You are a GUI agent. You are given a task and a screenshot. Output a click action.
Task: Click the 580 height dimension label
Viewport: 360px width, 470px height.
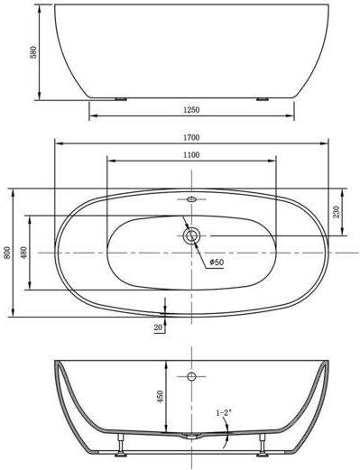[x=33, y=52]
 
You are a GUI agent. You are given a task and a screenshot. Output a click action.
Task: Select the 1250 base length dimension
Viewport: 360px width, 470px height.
[x=191, y=110]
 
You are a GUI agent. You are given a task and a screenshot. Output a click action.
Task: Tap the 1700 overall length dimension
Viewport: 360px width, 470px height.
[x=191, y=137]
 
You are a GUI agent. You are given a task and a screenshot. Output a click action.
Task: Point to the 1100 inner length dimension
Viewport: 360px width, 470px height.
[x=191, y=155]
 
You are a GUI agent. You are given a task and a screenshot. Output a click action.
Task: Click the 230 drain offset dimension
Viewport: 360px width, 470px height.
[x=337, y=212]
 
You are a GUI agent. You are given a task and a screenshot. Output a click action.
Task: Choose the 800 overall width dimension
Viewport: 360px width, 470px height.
[x=7, y=253]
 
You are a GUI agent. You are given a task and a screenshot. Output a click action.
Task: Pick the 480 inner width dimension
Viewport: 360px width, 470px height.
[x=23, y=253]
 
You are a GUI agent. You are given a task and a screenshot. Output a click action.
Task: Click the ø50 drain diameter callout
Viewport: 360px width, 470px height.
[x=217, y=262]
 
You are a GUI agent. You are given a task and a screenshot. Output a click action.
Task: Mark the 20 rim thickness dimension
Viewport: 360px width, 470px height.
[x=158, y=327]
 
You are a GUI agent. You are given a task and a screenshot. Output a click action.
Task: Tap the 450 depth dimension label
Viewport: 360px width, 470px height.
[x=160, y=396]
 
